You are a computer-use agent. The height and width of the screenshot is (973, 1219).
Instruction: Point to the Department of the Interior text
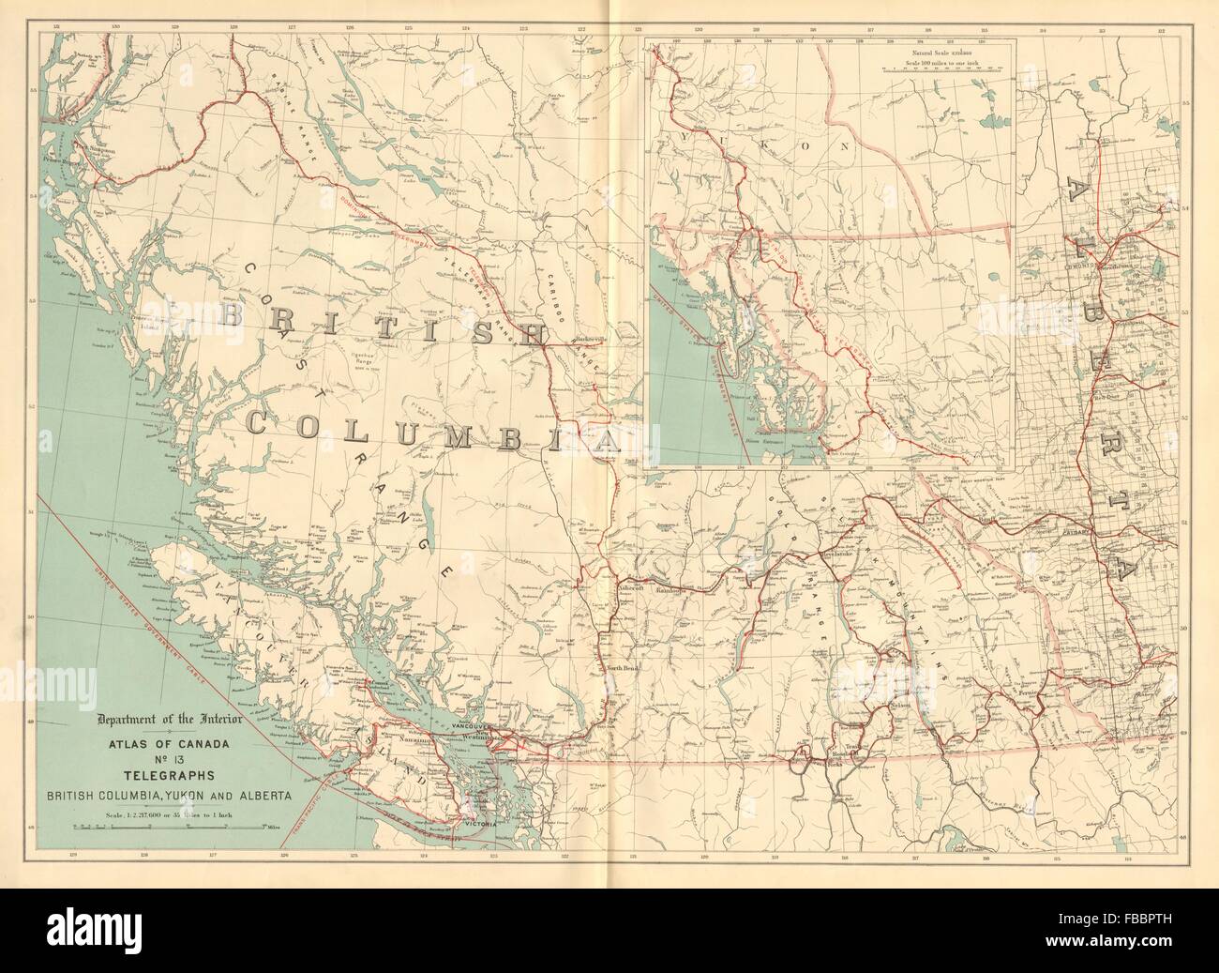(172, 720)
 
